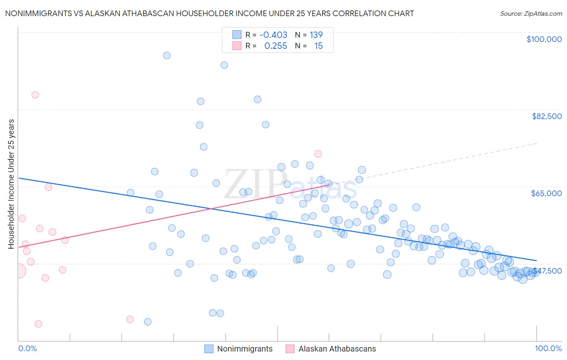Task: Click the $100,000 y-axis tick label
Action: [544, 39]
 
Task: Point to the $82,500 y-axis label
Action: [546, 116]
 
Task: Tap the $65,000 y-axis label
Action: [546, 193]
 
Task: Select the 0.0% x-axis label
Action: [27, 348]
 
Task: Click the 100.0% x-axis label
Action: [548, 348]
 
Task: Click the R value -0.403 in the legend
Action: [273, 35]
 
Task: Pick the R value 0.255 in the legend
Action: [275, 46]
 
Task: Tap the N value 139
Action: [316, 35]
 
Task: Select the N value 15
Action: [318, 46]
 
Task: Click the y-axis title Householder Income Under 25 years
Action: [11, 184]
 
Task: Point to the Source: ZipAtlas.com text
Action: [531, 14]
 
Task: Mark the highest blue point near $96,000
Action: [167, 56]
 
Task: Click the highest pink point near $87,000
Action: [35, 95]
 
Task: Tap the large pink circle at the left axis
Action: [19, 271]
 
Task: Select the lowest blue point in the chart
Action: [148, 322]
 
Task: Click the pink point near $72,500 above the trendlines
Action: [318, 154]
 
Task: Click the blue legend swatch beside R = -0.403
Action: [237, 35]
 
